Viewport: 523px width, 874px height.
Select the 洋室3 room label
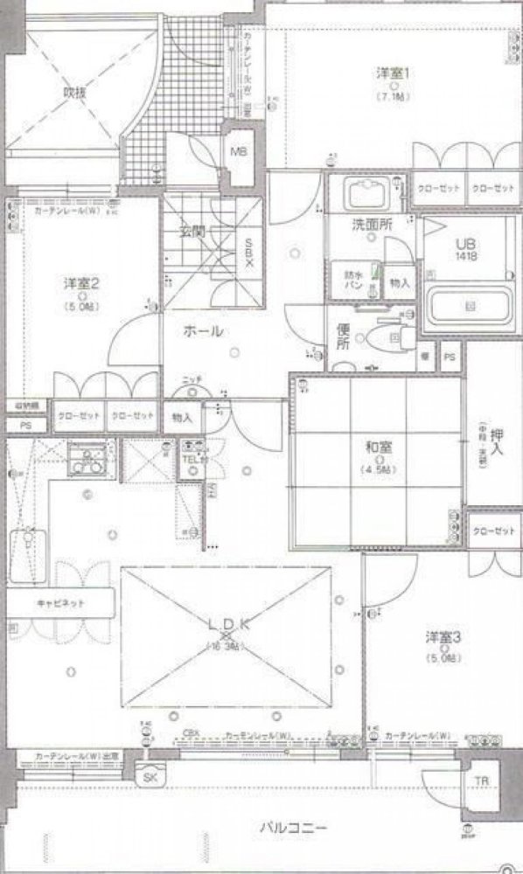tap(443, 635)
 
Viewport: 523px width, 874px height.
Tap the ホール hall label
tap(203, 331)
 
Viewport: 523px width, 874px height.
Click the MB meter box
tap(239, 151)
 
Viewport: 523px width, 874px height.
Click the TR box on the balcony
tap(482, 780)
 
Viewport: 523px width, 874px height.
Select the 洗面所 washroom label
tap(372, 225)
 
